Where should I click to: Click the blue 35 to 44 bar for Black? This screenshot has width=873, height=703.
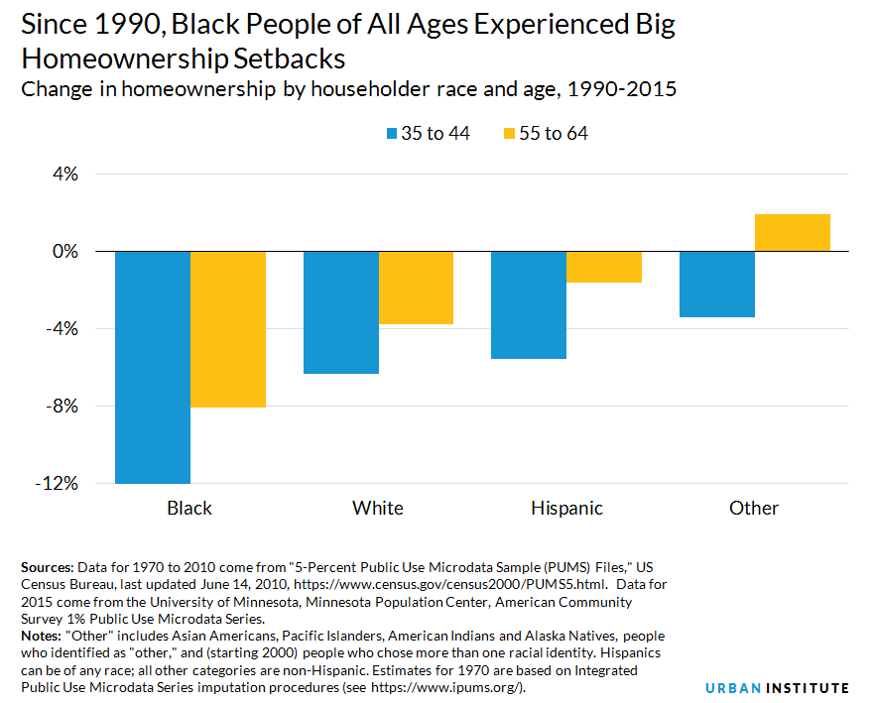click(x=153, y=367)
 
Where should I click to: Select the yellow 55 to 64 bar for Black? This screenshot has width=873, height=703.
click(x=228, y=329)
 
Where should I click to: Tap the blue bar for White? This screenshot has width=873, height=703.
click(x=340, y=312)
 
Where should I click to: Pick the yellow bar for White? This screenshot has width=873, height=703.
click(x=416, y=288)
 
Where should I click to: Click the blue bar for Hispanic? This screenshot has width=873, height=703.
click(x=529, y=305)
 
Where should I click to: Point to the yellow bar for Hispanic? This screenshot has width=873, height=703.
click(x=604, y=267)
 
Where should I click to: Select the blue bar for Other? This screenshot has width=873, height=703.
click(x=716, y=285)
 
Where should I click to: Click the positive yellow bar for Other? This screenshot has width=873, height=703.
click(x=792, y=233)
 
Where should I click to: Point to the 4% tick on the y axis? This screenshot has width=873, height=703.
click(x=64, y=175)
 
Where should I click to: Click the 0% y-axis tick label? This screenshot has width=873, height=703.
click(x=64, y=252)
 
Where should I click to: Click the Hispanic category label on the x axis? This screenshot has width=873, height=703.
click(x=566, y=508)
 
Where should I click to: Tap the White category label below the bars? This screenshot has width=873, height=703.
click(x=378, y=508)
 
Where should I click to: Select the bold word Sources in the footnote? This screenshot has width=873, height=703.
click(x=46, y=568)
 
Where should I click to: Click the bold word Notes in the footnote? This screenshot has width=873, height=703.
click(x=41, y=636)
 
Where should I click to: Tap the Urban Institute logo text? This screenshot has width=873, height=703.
click(x=777, y=687)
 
